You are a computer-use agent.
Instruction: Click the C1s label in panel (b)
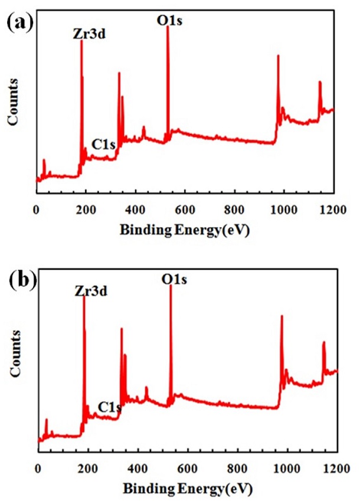click(x=110, y=407)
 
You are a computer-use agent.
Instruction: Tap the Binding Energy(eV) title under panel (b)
click(x=187, y=489)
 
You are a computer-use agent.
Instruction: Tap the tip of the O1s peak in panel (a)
click(x=168, y=27)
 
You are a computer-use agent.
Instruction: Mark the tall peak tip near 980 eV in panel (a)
click(x=277, y=55)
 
